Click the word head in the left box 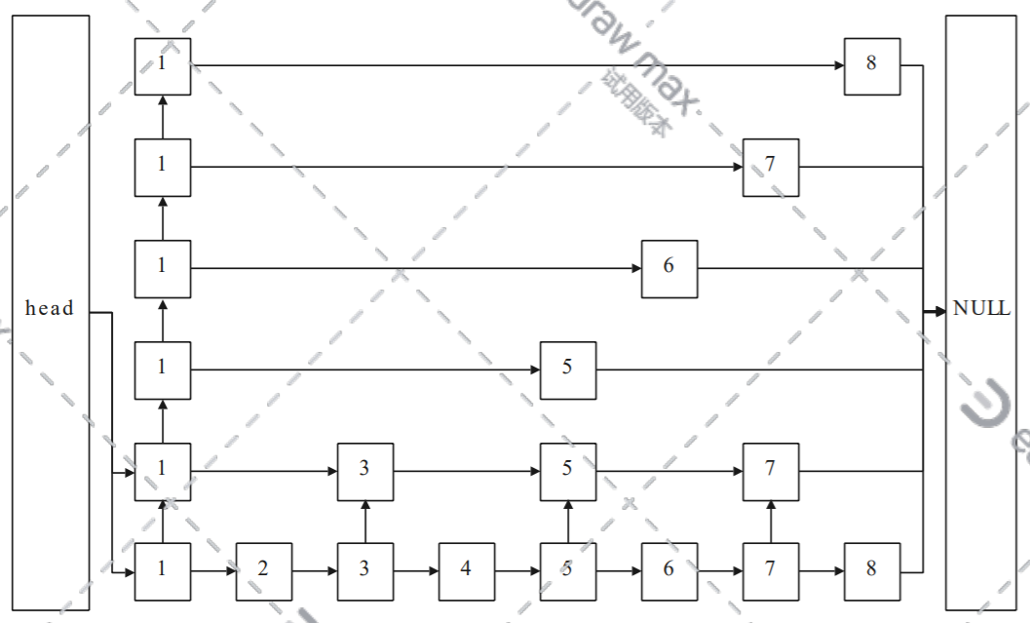[50, 309]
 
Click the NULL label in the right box [981, 309]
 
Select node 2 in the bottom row [263, 569]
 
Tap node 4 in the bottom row [466, 569]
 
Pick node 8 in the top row [872, 65]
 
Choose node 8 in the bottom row [872, 569]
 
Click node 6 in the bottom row [668, 569]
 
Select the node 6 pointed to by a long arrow [668, 267]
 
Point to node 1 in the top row [163, 65]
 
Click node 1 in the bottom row [163, 569]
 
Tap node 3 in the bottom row [364, 569]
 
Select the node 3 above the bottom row [364, 469]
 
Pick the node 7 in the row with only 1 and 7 [771, 166]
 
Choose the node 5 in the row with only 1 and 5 [567, 369]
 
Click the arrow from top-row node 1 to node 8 [516, 65]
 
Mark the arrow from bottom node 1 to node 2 [213, 569]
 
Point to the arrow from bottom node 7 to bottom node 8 [821, 569]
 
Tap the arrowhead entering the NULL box [938, 311]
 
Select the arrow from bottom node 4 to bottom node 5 [516, 569]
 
